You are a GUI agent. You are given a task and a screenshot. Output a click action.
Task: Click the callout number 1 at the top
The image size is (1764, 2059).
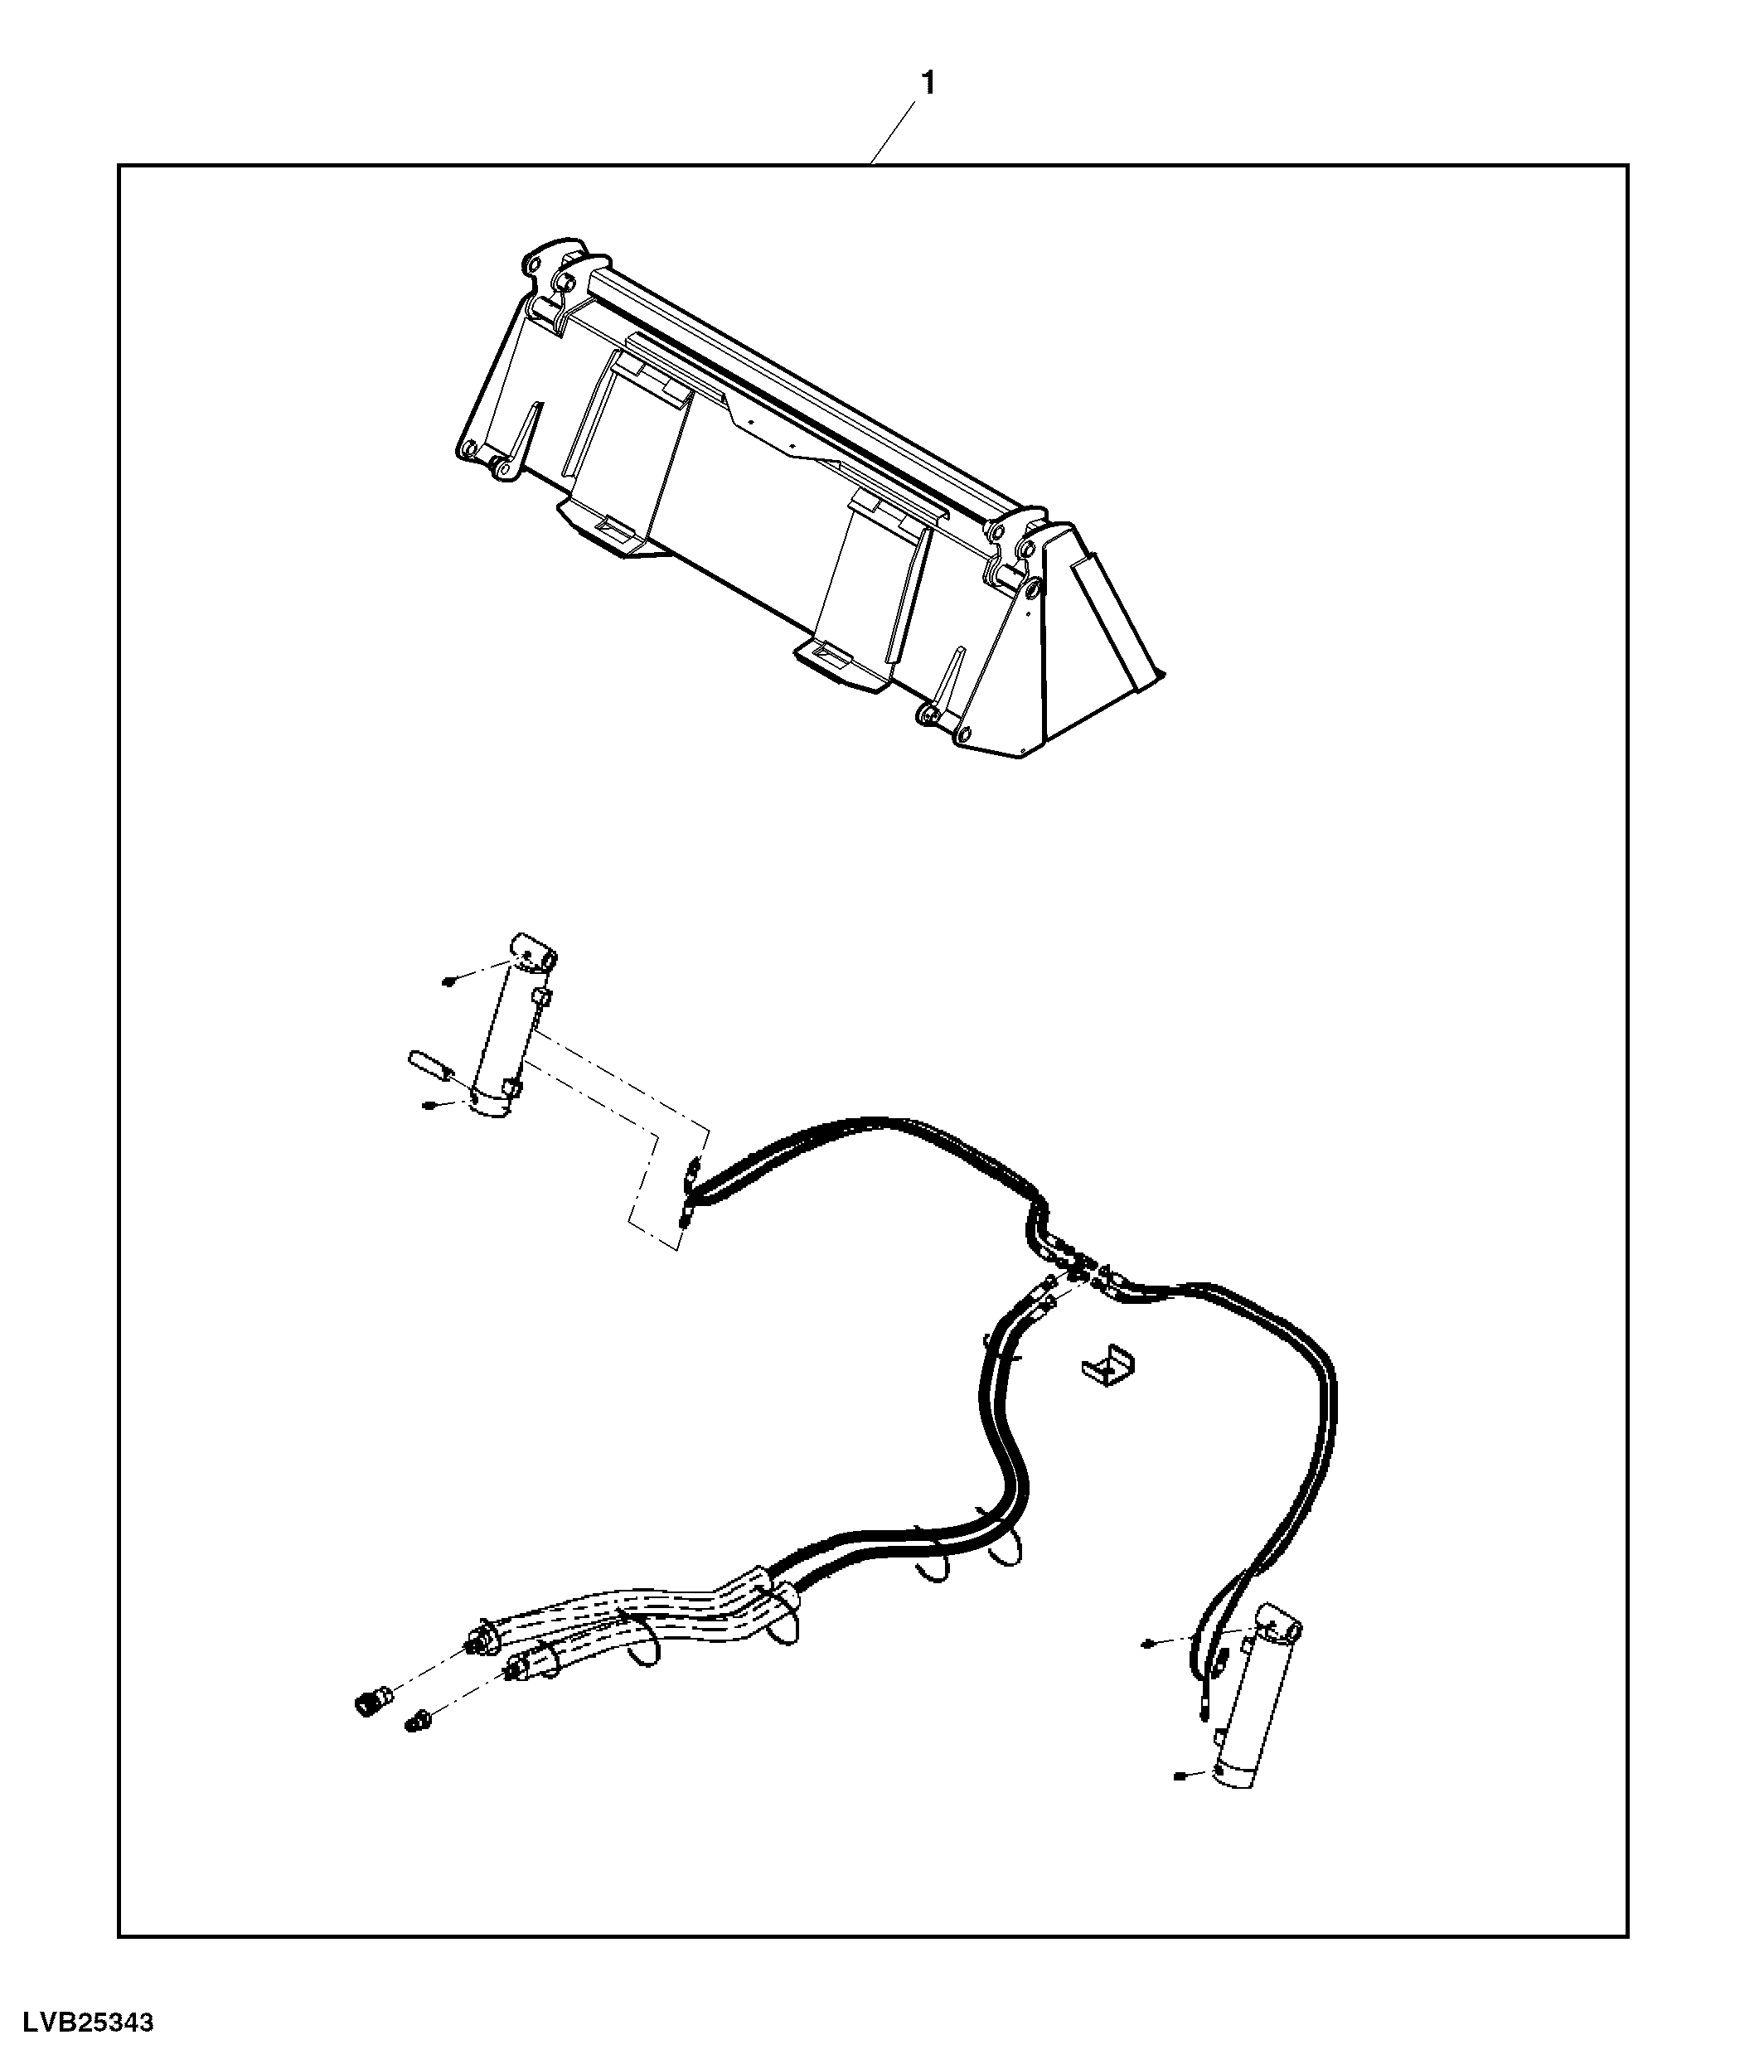[x=928, y=84]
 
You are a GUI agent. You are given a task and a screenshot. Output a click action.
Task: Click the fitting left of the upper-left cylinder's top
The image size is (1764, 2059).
[x=449, y=981]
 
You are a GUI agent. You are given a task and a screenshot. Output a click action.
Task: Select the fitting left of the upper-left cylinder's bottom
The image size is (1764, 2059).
[x=429, y=1106]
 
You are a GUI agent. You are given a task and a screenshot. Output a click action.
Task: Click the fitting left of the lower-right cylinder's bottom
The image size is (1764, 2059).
[x=1179, y=1774]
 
